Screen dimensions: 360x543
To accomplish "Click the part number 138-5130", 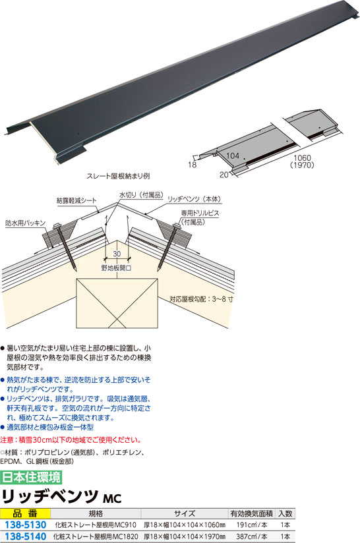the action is pos(25,525).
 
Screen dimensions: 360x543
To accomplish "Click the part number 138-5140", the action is pos(25,536).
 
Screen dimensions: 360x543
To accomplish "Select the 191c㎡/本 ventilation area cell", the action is pos(252,525).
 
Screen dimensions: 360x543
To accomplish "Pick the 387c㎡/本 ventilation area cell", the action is pos(252,536).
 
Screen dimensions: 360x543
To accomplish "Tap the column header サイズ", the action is pos(185,513).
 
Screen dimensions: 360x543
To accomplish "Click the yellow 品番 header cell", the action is pos(25,513).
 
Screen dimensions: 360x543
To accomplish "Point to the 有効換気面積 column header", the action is pos(252,513).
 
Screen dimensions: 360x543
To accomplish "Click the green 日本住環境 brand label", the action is pos(31,477).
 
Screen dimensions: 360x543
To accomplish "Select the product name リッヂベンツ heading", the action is pos(50,497).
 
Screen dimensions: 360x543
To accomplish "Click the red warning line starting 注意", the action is pos(71,440).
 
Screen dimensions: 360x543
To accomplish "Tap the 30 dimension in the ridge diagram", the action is pos(117,254).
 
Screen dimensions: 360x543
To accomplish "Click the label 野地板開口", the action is pos(117,268).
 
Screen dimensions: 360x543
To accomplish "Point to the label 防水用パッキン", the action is pos(25,223).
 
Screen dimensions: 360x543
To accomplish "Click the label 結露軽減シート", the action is pos(76,200).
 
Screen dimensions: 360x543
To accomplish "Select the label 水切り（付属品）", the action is pos(141,195).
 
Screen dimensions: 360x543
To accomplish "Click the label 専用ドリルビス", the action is pos(200,213).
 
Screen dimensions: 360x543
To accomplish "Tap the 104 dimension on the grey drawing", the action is pos(233,156).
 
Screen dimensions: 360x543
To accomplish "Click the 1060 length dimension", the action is pos(302,158).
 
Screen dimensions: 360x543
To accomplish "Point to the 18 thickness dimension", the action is pos(193,165).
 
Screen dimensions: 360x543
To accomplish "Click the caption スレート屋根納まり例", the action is pos(118,176).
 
